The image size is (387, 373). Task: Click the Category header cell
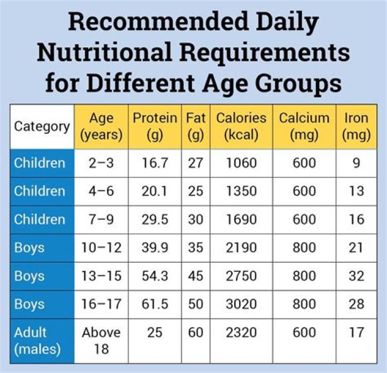click(41, 127)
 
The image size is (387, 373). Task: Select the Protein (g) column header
click(155, 127)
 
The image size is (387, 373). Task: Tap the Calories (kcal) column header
click(241, 127)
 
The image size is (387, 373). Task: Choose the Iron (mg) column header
click(356, 127)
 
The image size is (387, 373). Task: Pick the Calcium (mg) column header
click(304, 127)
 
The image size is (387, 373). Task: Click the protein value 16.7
click(155, 163)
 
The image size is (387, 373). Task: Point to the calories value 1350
click(241, 191)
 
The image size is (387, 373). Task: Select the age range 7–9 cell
click(102, 219)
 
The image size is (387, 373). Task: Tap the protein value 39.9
click(155, 248)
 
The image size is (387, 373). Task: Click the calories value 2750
click(241, 276)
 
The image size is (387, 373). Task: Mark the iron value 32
click(356, 276)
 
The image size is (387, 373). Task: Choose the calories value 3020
click(241, 304)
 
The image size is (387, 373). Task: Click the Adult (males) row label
click(38, 341)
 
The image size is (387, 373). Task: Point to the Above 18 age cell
click(102, 341)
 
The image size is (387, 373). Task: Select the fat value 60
click(196, 333)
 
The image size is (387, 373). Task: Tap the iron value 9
click(356, 163)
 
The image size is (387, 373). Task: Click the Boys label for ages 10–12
click(30, 248)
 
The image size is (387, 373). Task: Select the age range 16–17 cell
click(102, 304)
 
